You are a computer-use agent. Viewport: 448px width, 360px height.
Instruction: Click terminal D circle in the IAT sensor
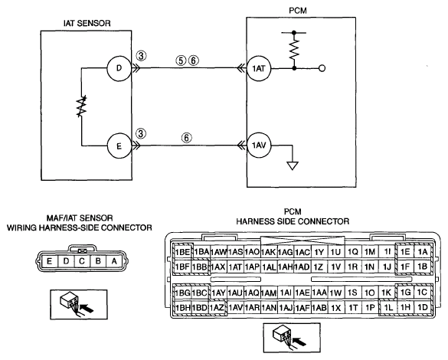pyautogui.click(x=119, y=68)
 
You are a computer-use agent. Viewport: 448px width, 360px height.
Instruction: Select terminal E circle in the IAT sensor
pyautogui.click(x=119, y=146)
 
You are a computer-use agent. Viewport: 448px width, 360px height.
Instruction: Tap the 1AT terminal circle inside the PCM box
pyautogui.click(x=259, y=69)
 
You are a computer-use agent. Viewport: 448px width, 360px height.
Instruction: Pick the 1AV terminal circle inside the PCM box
pyautogui.click(x=259, y=146)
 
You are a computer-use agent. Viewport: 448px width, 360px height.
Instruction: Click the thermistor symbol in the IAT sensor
pyautogui.click(x=81, y=106)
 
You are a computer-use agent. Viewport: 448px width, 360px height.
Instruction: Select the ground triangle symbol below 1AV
pyautogui.click(x=293, y=166)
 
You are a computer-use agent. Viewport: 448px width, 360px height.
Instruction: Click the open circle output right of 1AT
pyautogui.click(x=322, y=69)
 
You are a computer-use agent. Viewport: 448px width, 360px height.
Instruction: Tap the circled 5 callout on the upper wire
pyautogui.click(x=181, y=61)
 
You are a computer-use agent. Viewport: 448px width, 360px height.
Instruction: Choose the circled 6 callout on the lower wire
pyautogui.click(x=186, y=138)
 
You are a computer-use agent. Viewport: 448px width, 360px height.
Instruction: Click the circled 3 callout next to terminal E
pyautogui.click(x=141, y=133)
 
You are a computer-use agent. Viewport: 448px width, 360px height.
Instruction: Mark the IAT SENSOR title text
pyautogui.click(x=87, y=23)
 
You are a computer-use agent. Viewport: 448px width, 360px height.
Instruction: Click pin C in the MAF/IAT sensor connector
pyautogui.click(x=82, y=261)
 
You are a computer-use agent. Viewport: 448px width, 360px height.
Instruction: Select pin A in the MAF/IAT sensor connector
pyautogui.click(x=114, y=261)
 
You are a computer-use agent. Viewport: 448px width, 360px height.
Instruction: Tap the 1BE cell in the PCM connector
pyautogui.click(x=182, y=252)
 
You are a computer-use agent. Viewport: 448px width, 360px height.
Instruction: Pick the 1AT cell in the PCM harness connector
pyautogui.click(x=235, y=267)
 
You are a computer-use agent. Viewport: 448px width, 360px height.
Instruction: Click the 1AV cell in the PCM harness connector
pyautogui.click(x=235, y=307)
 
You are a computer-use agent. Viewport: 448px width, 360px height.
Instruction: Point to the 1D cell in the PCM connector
pyautogui.click(x=423, y=307)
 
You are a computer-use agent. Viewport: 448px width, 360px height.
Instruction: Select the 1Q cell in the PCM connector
pyautogui.click(x=353, y=252)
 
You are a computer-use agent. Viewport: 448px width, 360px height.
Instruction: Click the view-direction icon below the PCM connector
pyautogui.click(x=292, y=338)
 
